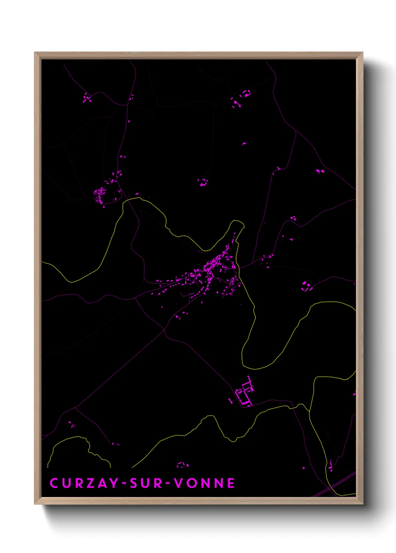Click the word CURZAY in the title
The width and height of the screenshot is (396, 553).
[84, 483]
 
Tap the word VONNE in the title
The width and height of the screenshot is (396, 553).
[204, 483]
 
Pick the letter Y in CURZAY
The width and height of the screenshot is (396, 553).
[113, 483]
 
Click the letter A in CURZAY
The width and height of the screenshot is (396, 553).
[101, 483]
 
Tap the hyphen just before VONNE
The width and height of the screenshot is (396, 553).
[168, 484]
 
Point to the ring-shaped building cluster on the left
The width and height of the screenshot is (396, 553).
[100, 195]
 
